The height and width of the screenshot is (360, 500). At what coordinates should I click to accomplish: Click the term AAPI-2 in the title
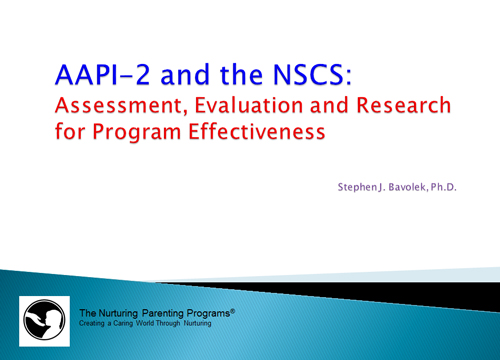pos(103,74)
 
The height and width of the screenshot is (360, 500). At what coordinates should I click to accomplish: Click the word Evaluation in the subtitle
pos(249,105)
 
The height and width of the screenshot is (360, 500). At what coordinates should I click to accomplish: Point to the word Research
pos(404,105)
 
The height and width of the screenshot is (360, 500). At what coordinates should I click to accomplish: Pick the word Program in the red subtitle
pos(136,132)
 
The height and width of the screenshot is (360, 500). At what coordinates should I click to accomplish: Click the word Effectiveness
pos(257,131)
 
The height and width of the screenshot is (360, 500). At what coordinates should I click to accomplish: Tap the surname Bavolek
pos(407,187)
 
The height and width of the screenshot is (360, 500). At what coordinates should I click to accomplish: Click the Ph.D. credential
pos(443,187)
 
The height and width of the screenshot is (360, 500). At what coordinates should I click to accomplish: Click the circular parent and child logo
pos(44,320)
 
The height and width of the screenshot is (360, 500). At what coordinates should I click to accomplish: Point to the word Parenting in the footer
pos(163,314)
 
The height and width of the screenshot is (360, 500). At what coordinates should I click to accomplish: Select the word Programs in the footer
pos(208,314)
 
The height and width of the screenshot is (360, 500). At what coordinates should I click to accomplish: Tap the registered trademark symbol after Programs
pos(233,311)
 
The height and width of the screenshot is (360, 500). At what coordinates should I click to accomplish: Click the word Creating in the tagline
pos(92,323)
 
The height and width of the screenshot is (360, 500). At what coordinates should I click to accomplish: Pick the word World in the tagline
pos(145,323)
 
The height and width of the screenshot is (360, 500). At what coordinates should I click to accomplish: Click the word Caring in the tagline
pos(123,323)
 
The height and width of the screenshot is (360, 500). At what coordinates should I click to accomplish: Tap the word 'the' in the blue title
pos(241,74)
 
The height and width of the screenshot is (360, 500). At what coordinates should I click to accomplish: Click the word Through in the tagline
pos(168,323)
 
